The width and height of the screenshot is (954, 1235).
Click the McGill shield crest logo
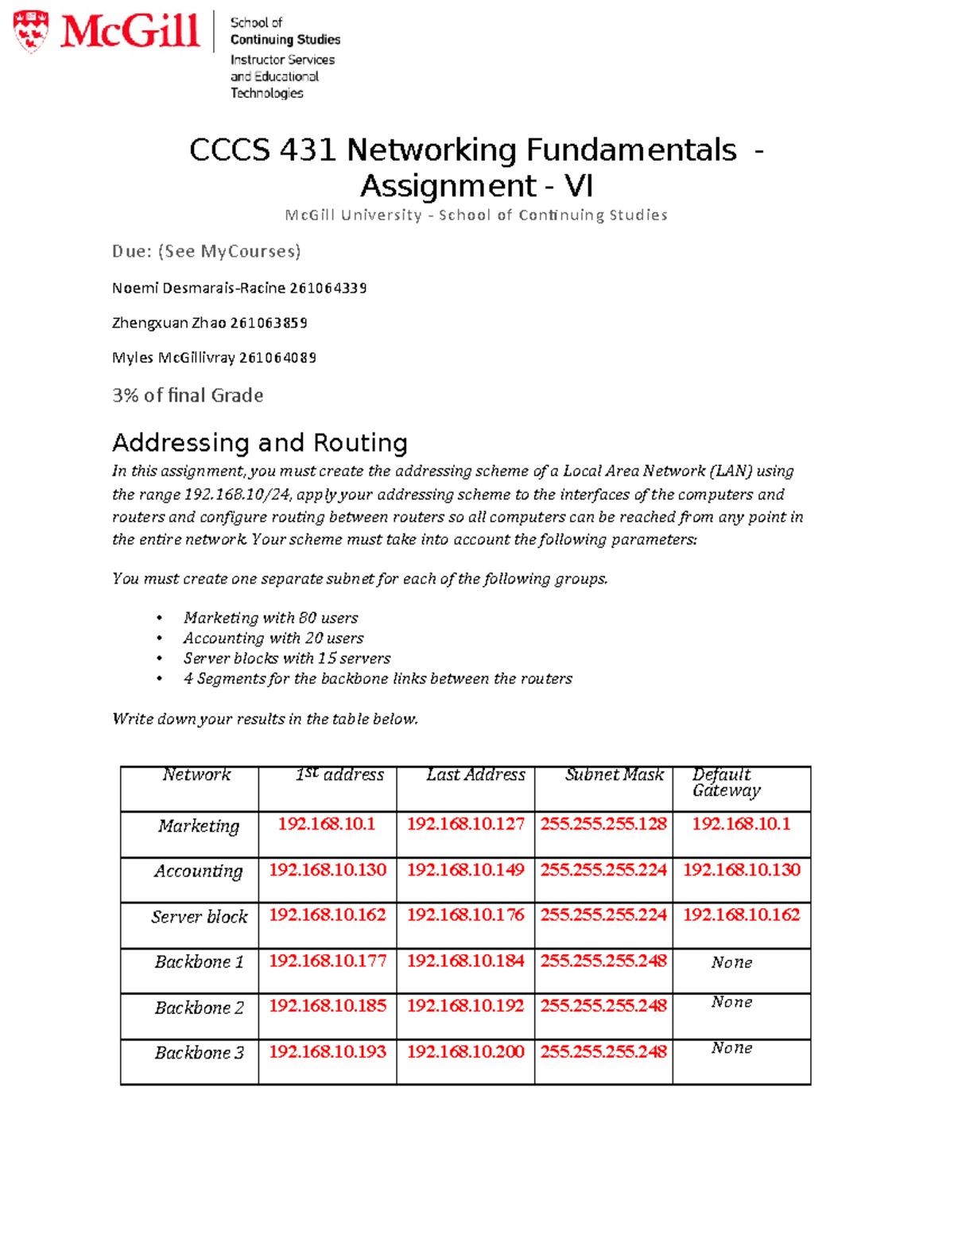tap(31, 31)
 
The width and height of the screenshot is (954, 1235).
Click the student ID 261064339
tap(328, 288)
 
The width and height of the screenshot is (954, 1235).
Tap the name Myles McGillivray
tap(173, 358)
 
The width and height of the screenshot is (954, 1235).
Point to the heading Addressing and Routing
tap(259, 442)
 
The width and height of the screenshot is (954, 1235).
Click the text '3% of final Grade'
tap(188, 395)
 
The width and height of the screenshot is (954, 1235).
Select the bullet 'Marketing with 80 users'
tap(270, 618)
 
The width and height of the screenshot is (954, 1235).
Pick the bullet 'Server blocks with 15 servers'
tap(286, 658)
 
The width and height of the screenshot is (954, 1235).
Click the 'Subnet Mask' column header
tap(614, 775)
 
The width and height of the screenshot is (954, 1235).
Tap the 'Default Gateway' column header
tap(725, 783)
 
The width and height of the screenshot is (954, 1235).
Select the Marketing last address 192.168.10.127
tap(466, 825)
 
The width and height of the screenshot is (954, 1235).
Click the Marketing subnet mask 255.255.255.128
tap(603, 825)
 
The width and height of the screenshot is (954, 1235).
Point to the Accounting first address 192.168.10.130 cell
tap(328, 870)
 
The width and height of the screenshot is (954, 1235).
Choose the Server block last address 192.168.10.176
tap(466, 915)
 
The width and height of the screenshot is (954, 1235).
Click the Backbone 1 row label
tap(199, 962)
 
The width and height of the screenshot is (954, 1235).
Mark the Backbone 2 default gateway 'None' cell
tap(731, 1003)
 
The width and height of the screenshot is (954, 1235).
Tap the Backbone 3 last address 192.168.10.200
tap(466, 1052)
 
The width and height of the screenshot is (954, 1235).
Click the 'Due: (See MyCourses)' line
tap(206, 251)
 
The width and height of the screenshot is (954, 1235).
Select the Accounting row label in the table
tap(198, 872)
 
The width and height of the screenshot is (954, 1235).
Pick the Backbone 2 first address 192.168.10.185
tap(328, 1006)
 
